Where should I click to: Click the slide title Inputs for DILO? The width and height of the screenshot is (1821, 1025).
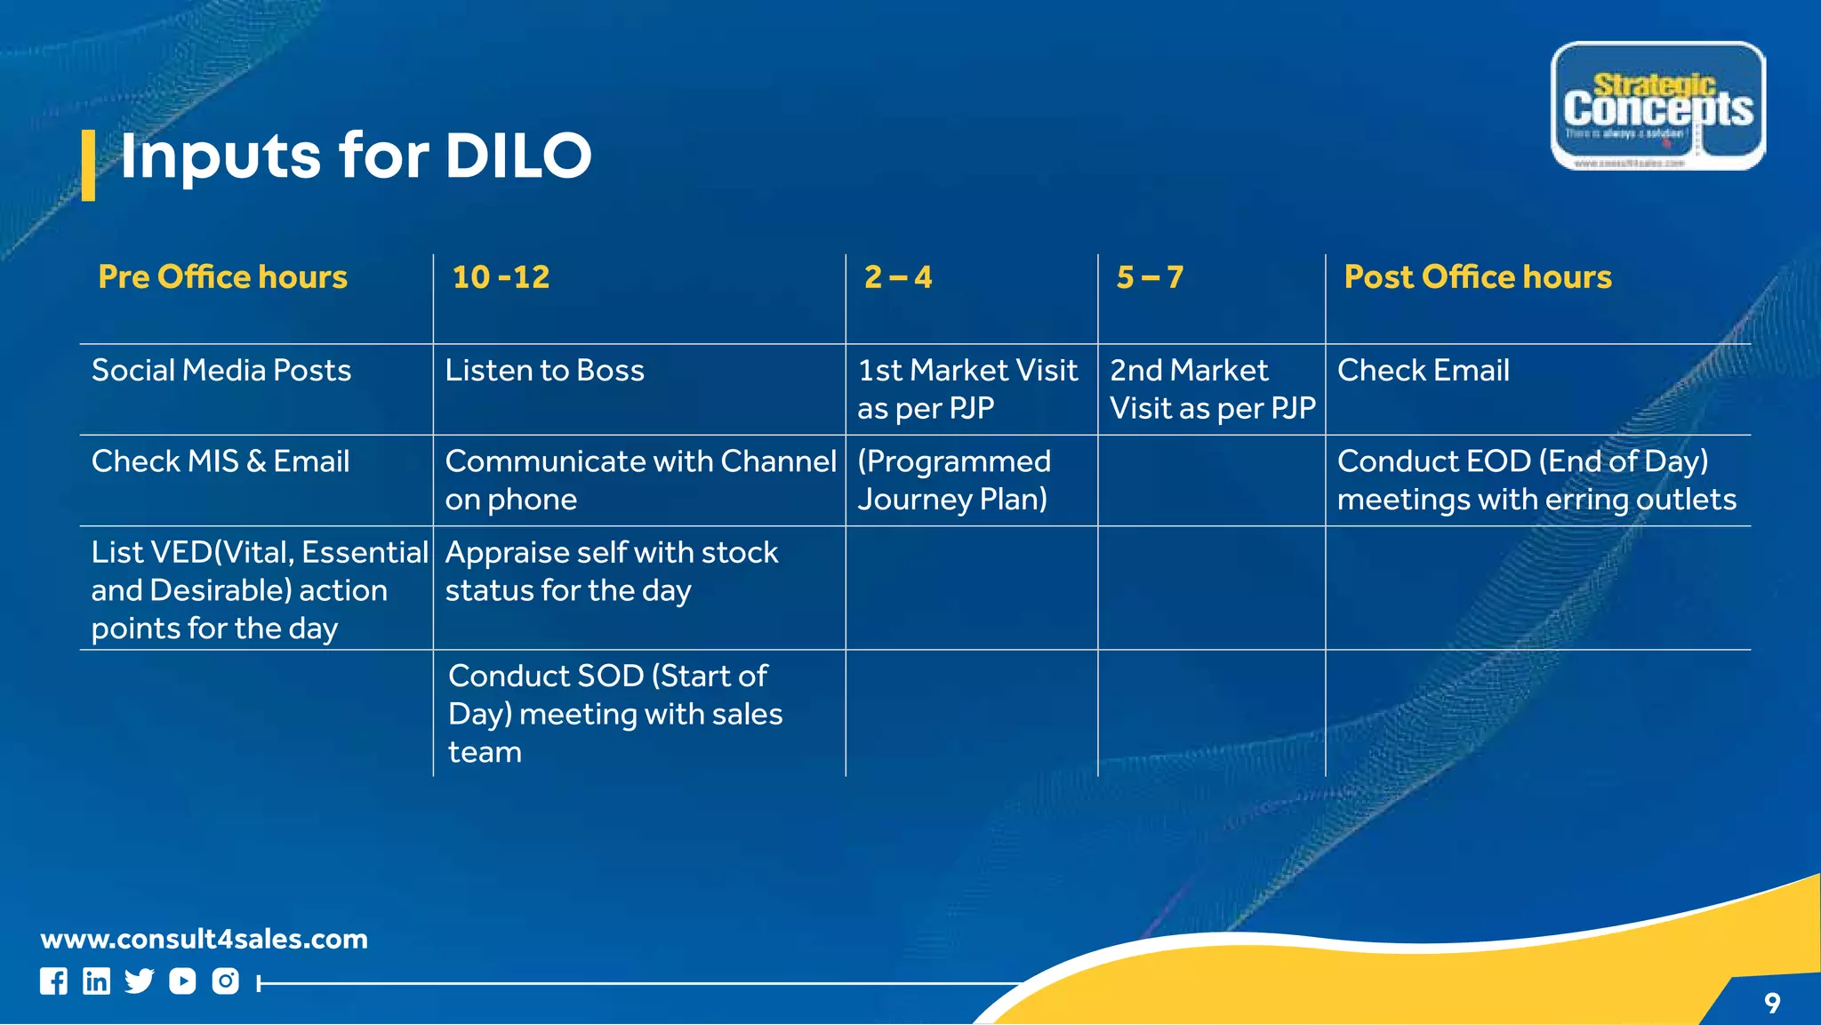coord(356,156)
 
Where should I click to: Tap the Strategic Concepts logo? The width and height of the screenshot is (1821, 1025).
coord(1657,106)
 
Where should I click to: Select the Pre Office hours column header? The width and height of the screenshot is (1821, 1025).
coord(222,277)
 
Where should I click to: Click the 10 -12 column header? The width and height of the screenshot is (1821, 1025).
coord(501,277)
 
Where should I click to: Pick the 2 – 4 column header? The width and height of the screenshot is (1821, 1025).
coord(898,277)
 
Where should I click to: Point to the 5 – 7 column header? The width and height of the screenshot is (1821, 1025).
coord(1150,277)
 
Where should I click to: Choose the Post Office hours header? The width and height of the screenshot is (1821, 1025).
coord(1477,277)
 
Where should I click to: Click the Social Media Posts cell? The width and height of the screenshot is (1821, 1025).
coord(221,371)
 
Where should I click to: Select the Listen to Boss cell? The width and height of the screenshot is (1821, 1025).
coord(544,371)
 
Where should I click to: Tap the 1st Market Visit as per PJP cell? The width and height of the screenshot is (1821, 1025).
coord(967,389)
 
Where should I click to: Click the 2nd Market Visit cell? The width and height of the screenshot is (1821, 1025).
coord(1211,389)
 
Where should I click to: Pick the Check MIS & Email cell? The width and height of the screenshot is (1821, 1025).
coord(221,461)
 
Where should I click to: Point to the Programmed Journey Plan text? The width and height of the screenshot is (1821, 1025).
coord(953,480)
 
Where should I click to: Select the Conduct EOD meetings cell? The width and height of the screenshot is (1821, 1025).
coord(1536,480)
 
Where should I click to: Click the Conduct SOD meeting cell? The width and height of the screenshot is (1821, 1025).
coord(615,714)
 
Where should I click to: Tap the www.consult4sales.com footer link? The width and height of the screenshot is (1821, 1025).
coord(204,939)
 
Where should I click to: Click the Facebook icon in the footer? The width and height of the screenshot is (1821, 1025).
coord(53,981)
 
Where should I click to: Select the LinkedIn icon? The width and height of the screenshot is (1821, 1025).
coord(96,981)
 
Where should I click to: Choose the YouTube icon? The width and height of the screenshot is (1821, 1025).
coord(182,981)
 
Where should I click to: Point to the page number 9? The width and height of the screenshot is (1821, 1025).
coord(1772,1004)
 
